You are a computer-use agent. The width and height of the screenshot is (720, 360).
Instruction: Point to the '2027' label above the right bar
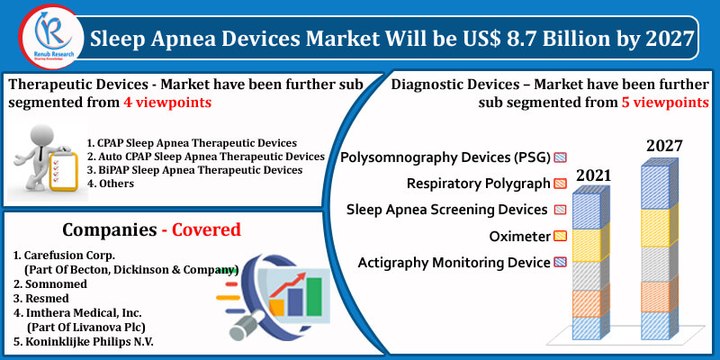pos(664,146)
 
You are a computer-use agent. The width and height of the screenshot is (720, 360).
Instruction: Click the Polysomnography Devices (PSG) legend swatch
pos(560,158)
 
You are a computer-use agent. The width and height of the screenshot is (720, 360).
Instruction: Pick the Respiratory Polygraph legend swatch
pos(560,184)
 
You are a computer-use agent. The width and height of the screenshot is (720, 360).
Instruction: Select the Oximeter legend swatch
pos(560,236)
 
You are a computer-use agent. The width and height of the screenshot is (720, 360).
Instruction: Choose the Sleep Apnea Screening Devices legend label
pos(446,210)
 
